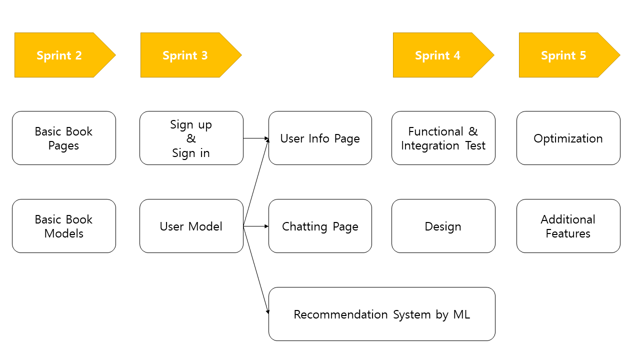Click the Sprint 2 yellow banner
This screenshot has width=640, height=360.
tap(59, 55)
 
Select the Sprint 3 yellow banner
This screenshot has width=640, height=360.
tap(185, 55)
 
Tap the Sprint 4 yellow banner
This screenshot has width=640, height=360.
tap(437, 55)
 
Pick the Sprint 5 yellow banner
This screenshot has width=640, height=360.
tap(563, 55)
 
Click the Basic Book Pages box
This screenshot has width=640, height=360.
tap(64, 138)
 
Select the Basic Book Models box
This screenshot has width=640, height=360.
tap(64, 226)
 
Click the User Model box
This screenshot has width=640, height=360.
tap(191, 226)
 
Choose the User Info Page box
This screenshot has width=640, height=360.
tap(320, 138)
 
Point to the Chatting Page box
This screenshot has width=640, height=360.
tap(320, 226)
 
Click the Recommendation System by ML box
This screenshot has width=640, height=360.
tap(381, 314)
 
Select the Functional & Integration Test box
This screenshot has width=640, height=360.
tap(443, 138)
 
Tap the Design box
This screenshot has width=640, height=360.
tap(443, 226)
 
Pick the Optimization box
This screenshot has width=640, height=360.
tap(568, 138)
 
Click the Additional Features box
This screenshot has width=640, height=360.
tap(568, 226)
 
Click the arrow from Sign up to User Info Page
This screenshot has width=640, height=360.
tap(256, 138)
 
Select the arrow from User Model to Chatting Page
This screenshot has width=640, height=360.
tap(256, 226)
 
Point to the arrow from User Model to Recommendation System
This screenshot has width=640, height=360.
tap(256, 270)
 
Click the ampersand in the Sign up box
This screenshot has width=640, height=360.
tap(191, 138)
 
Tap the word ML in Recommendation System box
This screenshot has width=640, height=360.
tap(461, 314)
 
